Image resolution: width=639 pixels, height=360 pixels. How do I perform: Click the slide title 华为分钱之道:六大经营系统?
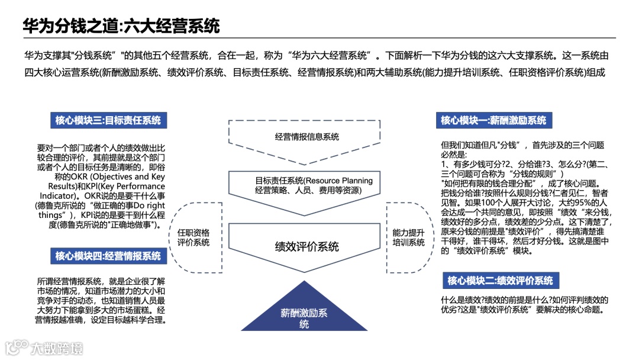tap(121, 26)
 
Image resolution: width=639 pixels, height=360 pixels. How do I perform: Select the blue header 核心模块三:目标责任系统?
tap(108, 121)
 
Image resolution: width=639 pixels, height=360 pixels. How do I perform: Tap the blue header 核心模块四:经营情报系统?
tap(108, 256)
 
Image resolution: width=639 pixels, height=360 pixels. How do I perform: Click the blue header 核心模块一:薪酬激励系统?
tap(493, 120)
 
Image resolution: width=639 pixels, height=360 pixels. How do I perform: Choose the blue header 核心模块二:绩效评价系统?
tap(500, 281)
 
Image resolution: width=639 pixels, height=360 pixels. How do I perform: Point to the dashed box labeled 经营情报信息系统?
tap(307, 137)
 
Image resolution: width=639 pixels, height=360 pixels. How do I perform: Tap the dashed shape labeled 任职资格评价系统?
tap(193, 237)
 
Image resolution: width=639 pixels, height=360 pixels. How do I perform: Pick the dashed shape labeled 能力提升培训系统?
tap(409, 237)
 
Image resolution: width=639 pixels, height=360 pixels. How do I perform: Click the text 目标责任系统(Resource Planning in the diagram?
tap(314, 181)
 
